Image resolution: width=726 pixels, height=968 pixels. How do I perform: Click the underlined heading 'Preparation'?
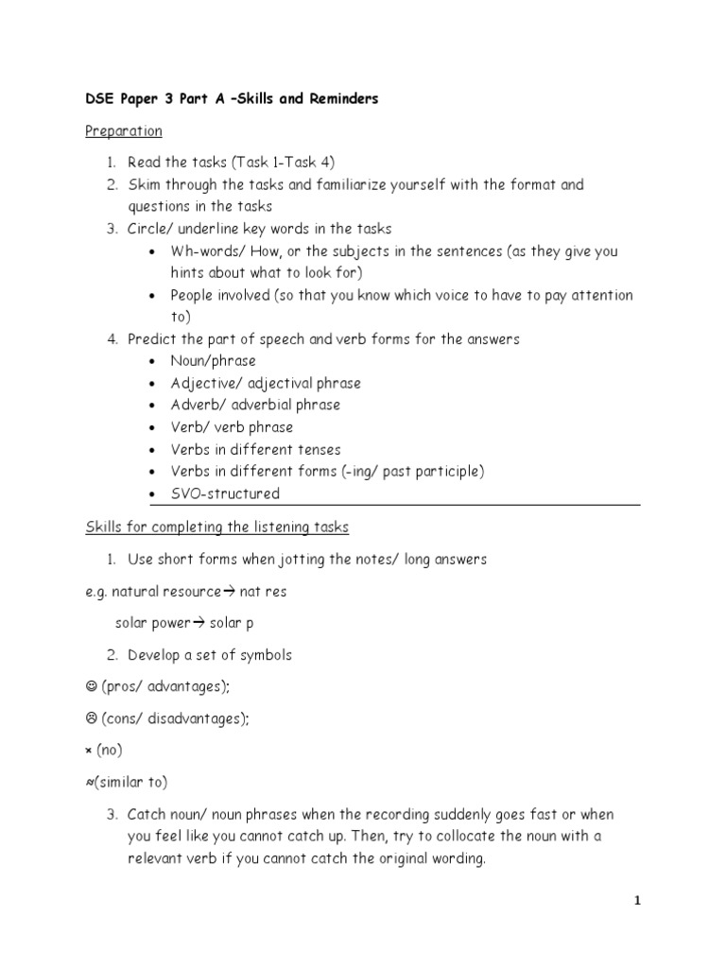tap(124, 130)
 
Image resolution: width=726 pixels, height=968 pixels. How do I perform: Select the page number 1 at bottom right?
tap(638, 902)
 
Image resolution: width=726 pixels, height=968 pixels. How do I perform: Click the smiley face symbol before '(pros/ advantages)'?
tap(91, 687)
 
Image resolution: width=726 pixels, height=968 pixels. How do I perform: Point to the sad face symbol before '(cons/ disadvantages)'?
tap(91, 719)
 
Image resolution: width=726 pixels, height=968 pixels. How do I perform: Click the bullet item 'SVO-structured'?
tap(225, 493)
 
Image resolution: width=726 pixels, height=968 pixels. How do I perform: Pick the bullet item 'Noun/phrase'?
tap(213, 361)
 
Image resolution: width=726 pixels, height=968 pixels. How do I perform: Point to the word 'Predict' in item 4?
tap(151, 338)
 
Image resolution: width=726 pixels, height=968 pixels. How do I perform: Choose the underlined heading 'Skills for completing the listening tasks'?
tap(217, 527)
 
